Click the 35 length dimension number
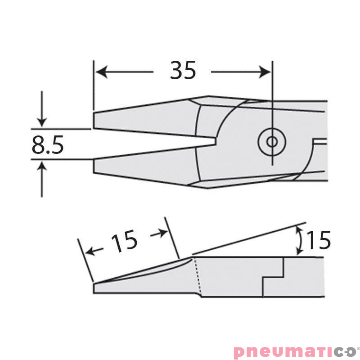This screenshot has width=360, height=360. click(183, 71)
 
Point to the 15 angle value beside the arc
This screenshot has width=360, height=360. click(319, 240)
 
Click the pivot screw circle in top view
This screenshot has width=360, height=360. click(272, 142)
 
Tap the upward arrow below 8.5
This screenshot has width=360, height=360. click(41, 168)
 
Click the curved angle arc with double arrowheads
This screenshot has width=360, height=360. click(297, 241)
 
